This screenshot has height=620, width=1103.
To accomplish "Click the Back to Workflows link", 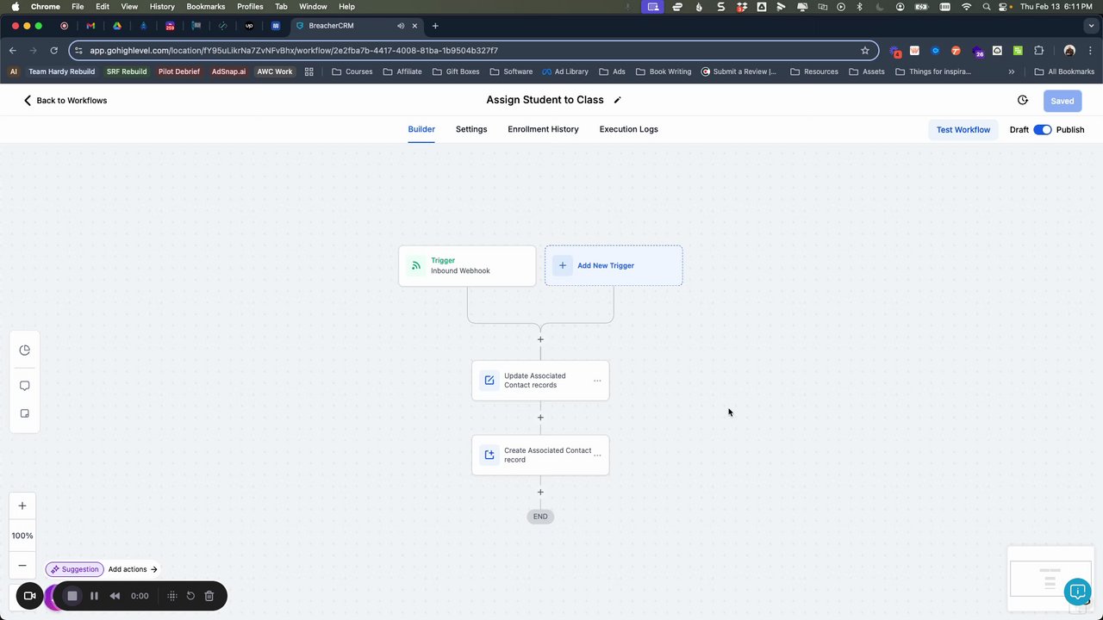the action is point(65,101).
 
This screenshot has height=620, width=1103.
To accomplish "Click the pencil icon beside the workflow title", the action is point(618,100).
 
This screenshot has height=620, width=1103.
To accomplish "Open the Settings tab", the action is point(471,129).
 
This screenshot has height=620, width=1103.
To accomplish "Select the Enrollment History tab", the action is point(543,129).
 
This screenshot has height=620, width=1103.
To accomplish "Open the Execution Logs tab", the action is point(628,129).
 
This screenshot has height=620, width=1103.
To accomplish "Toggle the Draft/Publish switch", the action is point(1043,129).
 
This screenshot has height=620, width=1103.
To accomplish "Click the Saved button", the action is point(1062,101).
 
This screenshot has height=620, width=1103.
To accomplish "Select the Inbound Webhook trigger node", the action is point(467,266).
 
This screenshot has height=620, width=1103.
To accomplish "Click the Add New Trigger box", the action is point(614,265).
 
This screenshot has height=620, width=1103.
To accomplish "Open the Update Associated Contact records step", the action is point(535,381).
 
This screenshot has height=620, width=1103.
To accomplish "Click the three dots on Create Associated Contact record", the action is point(597,456).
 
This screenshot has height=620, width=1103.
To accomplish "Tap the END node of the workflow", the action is point(540,516).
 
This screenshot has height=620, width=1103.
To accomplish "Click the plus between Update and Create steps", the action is point(540,418).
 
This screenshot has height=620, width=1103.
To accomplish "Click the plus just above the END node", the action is point(540,492).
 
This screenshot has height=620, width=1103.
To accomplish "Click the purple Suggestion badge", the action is point(75,569).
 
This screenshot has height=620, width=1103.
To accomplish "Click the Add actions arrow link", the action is point(133,569).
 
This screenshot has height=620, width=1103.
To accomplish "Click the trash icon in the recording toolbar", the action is point(209,596).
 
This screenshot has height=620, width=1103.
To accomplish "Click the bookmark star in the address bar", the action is point(864,50).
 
